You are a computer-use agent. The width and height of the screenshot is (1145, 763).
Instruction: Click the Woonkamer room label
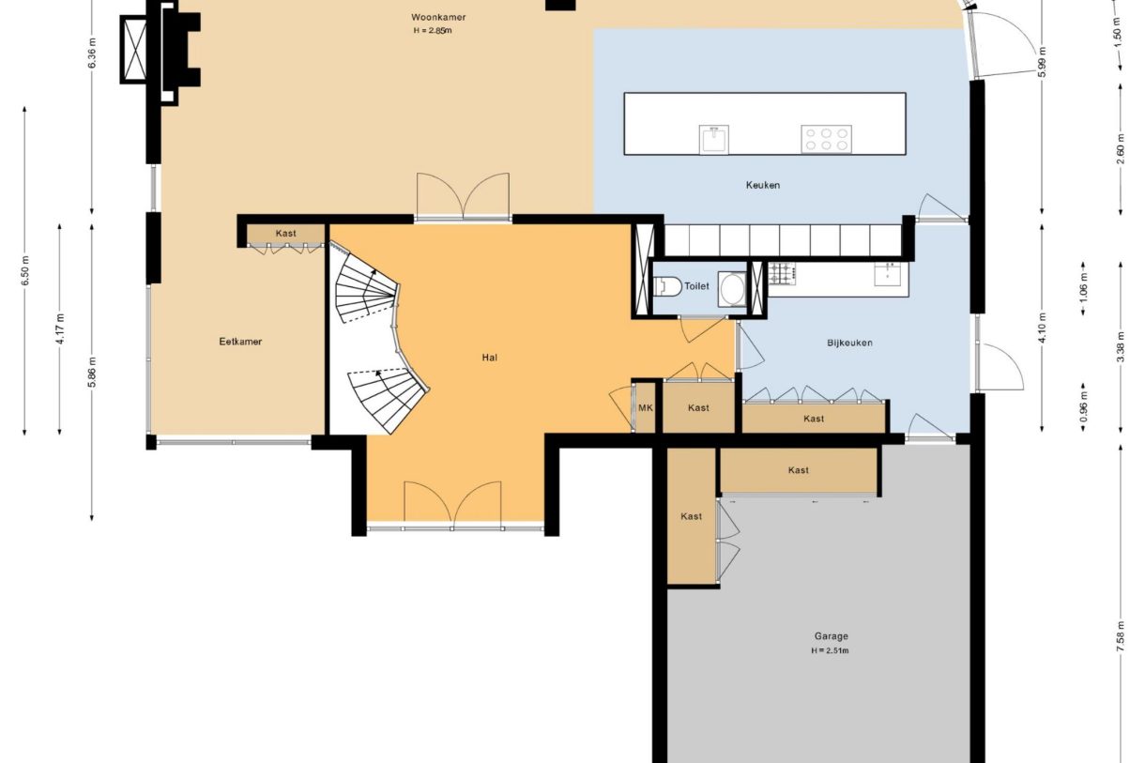438,18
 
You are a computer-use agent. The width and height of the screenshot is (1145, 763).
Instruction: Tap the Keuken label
763,185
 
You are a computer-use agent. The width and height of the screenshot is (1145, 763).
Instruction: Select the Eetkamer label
240,342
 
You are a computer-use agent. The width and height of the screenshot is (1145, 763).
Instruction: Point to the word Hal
489,358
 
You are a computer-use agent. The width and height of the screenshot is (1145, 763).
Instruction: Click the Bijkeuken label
849,343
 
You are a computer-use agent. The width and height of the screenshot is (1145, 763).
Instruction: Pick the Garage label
832,636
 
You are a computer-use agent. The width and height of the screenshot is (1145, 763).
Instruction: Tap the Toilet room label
696,286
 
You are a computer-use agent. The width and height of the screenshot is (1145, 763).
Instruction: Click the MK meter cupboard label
646,408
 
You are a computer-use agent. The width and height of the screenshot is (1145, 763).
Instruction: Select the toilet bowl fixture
667,286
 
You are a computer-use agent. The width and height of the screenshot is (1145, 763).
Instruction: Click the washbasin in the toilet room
732,289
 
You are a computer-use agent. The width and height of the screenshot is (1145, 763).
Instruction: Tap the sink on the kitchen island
714,139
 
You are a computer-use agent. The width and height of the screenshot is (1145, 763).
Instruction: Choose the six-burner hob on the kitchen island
826,139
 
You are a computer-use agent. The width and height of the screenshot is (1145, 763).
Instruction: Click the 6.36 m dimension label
92,53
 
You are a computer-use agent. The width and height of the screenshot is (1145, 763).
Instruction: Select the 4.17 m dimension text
60,329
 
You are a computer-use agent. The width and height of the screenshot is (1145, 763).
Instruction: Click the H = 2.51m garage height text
830,651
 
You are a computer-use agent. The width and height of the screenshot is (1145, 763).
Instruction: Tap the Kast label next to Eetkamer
285,234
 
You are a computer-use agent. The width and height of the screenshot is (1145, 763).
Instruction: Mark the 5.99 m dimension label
1043,61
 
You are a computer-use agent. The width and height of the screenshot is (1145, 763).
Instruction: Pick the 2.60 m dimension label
1121,148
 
